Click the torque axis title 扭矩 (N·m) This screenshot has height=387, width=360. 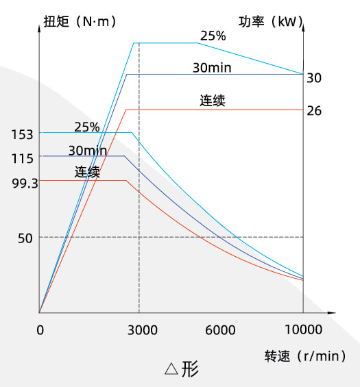coord(80,21)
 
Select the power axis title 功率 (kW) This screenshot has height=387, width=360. coord(271,21)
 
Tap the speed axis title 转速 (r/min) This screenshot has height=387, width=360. coord(305,356)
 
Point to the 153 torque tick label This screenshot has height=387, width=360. coord(22,135)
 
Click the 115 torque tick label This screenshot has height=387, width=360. coord(22,158)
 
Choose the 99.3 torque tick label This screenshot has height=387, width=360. coord(25,184)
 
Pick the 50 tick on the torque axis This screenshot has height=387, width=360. coord(25,238)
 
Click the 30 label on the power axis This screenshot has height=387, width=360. coord(314,78)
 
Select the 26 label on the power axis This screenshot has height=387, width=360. coord(314,111)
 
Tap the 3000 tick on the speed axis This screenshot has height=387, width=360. coord(143,330)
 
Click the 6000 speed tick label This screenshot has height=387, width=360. coord(220,330)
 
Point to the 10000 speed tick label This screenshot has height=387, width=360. coord(304,329)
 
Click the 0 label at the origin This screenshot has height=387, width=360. coord(40,330)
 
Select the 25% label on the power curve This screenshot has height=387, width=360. coord(213,36)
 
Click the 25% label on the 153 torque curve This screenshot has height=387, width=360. coord(87,127)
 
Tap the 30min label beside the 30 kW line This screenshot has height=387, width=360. coord(212,68)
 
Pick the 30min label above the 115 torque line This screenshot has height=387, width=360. coord(88,151)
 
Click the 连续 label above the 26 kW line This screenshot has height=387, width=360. coord(213,101)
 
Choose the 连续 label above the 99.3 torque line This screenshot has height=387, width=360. coord(87,172)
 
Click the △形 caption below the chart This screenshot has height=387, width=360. coord(182,369)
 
